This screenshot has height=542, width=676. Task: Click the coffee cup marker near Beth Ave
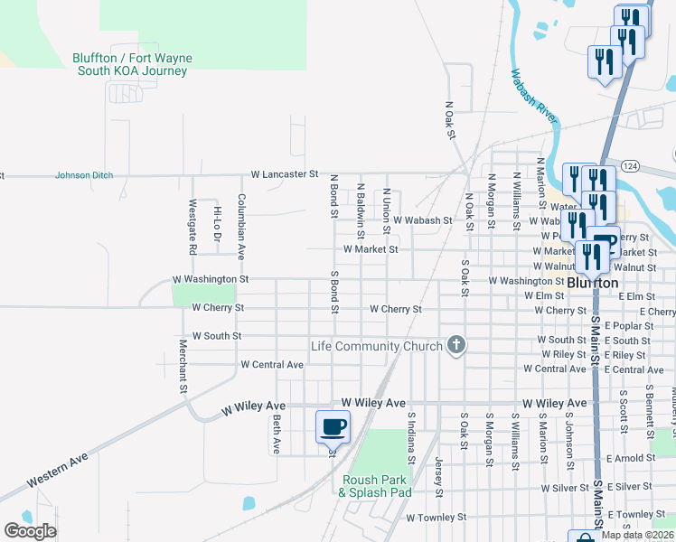pos(333,425)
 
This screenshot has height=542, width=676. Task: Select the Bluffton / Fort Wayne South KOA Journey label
pos(132,64)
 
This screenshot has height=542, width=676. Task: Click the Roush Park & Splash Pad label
pos(375,486)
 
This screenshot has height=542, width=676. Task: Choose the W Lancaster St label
pos(285,173)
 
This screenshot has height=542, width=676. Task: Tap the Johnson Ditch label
pos(84,175)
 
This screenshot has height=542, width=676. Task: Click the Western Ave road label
pos(58,471)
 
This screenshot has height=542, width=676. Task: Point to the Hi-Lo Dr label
pos(217,225)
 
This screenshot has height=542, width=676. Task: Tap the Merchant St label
pos(183,366)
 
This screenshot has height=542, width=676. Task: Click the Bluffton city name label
pos(593,283)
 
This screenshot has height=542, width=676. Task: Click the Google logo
pos(31,531)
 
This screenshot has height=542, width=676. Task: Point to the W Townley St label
pos(436,519)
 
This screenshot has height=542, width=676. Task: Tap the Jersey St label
pos(439,478)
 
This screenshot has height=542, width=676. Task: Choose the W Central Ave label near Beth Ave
pos(272,365)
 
